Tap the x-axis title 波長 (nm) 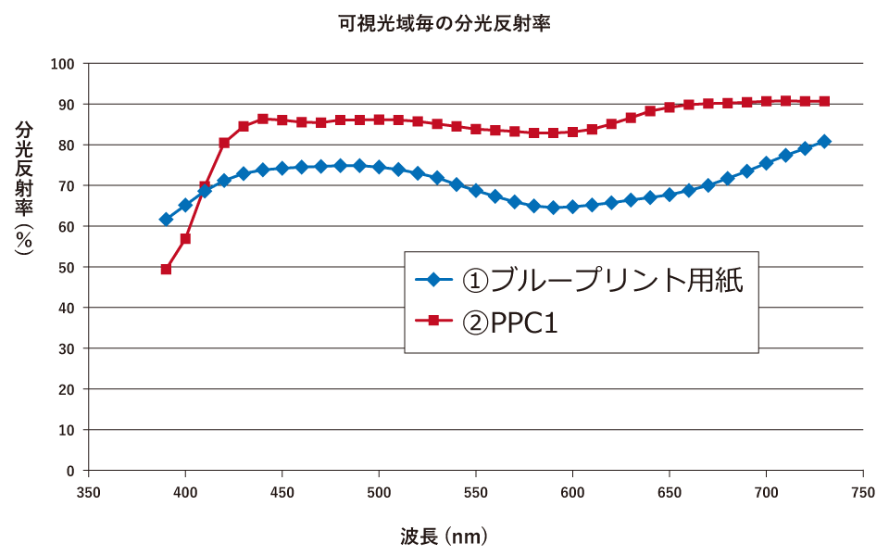(444, 536)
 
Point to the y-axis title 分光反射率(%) (25, 186)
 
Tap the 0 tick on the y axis (69, 471)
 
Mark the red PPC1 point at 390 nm (166, 269)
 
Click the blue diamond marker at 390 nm (166, 220)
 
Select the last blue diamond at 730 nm (824, 142)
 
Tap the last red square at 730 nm (824, 101)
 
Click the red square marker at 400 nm (185, 239)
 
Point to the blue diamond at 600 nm (572, 207)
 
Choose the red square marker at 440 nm (263, 119)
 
